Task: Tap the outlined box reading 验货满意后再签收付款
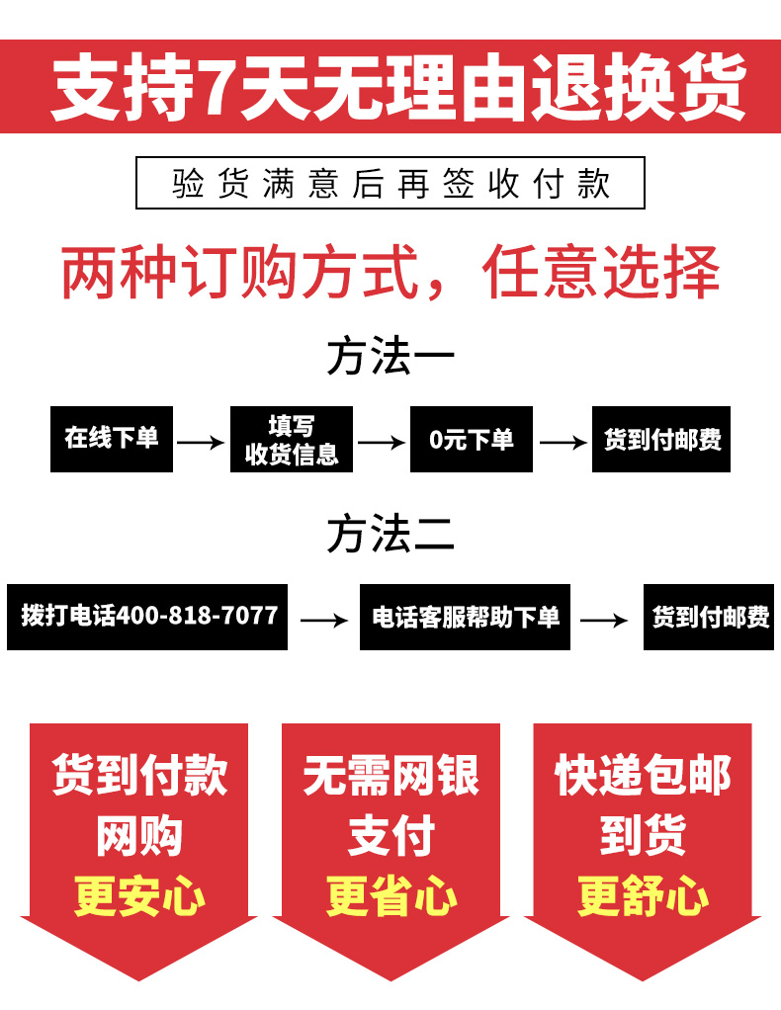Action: click(x=390, y=183)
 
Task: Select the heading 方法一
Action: click(x=390, y=357)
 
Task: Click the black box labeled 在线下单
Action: click(x=111, y=439)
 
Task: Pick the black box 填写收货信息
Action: click(x=292, y=439)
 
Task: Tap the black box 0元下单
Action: click(x=472, y=439)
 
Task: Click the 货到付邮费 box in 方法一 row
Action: click(x=661, y=439)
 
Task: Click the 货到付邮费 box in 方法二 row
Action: click(x=711, y=618)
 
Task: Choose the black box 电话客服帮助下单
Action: click(x=465, y=618)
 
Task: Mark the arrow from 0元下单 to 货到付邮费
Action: click(x=563, y=443)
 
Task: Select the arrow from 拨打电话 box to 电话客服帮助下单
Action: click(x=324, y=621)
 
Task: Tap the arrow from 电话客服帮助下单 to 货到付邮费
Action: click(x=604, y=621)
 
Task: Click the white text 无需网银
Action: click(x=391, y=776)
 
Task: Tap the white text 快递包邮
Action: click(x=643, y=776)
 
